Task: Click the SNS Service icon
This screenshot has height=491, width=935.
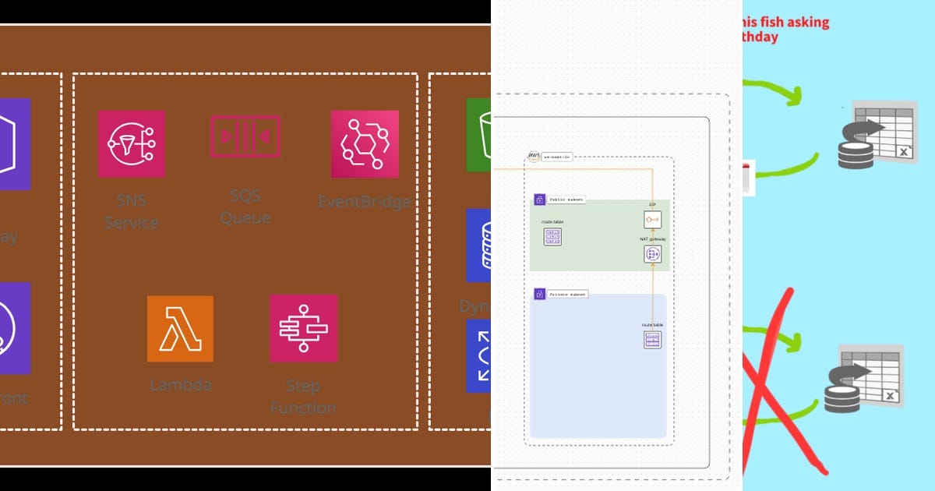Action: tap(131, 143)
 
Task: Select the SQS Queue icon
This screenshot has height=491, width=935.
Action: tap(245, 136)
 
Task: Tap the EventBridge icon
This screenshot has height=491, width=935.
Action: tap(365, 143)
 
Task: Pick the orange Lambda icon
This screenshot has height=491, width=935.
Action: tap(180, 328)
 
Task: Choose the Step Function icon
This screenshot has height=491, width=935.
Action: tap(303, 328)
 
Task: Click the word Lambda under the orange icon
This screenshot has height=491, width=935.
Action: tap(180, 384)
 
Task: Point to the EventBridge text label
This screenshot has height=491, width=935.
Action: tap(364, 202)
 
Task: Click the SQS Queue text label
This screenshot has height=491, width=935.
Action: tap(245, 206)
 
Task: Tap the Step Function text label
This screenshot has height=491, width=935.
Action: tap(303, 397)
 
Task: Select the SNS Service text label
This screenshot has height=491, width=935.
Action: tap(131, 211)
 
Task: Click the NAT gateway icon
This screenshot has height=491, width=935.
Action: tap(653, 254)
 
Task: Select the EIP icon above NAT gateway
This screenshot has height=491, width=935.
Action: tap(653, 220)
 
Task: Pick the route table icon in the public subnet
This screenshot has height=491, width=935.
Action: tap(552, 237)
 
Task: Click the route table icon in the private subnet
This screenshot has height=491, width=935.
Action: tap(652, 340)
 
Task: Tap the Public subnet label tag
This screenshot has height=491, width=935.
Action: tap(565, 200)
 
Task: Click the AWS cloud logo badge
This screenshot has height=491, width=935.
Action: tap(534, 157)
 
